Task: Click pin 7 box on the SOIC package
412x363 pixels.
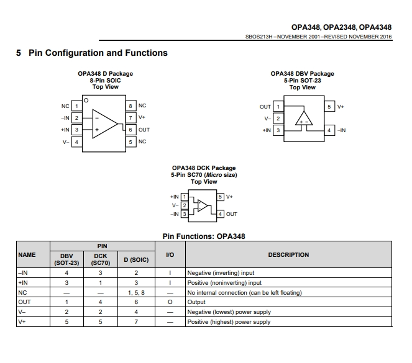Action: click(x=130, y=118)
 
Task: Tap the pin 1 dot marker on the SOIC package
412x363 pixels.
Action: click(x=86, y=100)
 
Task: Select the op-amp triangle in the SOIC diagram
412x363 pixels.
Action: click(x=105, y=124)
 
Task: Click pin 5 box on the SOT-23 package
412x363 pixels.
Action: click(x=329, y=107)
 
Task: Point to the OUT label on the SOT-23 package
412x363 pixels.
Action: click(x=265, y=107)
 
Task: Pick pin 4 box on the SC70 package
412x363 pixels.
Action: click(x=220, y=214)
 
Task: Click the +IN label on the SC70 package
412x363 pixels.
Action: click(x=175, y=197)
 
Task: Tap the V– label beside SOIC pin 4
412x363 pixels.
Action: click(x=66, y=142)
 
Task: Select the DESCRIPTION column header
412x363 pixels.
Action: click(x=288, y=254)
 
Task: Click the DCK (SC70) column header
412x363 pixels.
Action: click(x=101, y=259)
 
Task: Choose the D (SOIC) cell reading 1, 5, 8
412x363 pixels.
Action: click(x=136, y=292)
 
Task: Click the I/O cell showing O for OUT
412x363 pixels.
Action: click(x=170, y=302)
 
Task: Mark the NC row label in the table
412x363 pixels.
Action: click(x=22, y=292)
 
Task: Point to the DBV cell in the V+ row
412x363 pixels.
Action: click(x=66, y=322)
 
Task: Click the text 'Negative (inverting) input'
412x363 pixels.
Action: click(x=221, y=273)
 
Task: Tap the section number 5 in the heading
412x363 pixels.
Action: click(x=19, y=53)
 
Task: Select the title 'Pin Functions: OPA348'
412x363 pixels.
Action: click(x=204, y=236)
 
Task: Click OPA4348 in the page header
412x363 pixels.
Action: click(x=375, y=27)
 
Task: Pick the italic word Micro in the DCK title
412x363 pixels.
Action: click(x=214, y=175)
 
